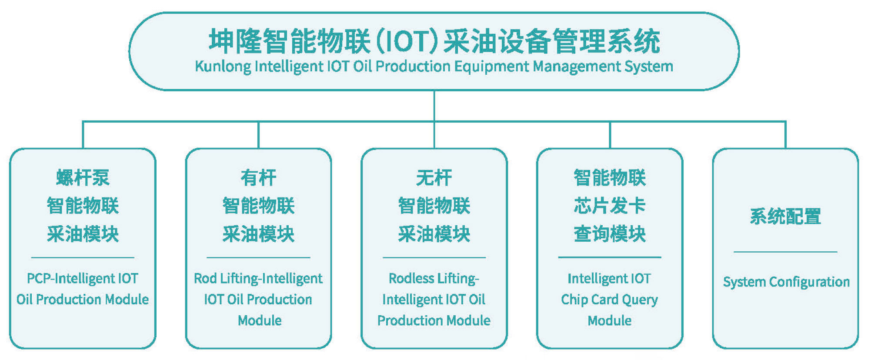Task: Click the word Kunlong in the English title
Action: click(x=223, y=67)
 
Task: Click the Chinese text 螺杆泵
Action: click(x=83, y=177)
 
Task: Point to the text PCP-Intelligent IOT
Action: click(x=83, y=278)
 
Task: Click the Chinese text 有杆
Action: click(x=258, y=177)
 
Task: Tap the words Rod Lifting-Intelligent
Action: click(x=258, y=279)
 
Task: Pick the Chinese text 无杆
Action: click(x=434, y=177)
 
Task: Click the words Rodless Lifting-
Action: click(x=434, y=279)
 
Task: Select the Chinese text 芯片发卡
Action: click(x=610, y=206)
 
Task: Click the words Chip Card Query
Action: click(x=610, y=300)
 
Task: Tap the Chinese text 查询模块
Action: click(x=610, y=234)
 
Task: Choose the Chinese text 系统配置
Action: click(x=785, y=216)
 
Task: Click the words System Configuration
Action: click(x=786, y=282)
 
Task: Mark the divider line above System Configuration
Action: click(x=785, y=252)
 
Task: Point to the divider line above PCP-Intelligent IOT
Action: click(x=83, y=257)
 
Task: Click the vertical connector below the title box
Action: click(x=434, y=106)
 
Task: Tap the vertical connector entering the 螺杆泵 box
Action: click(x=83, y=135)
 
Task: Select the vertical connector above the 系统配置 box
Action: click(x=785, y=135)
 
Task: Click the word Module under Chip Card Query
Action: click(x=610, y=321)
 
